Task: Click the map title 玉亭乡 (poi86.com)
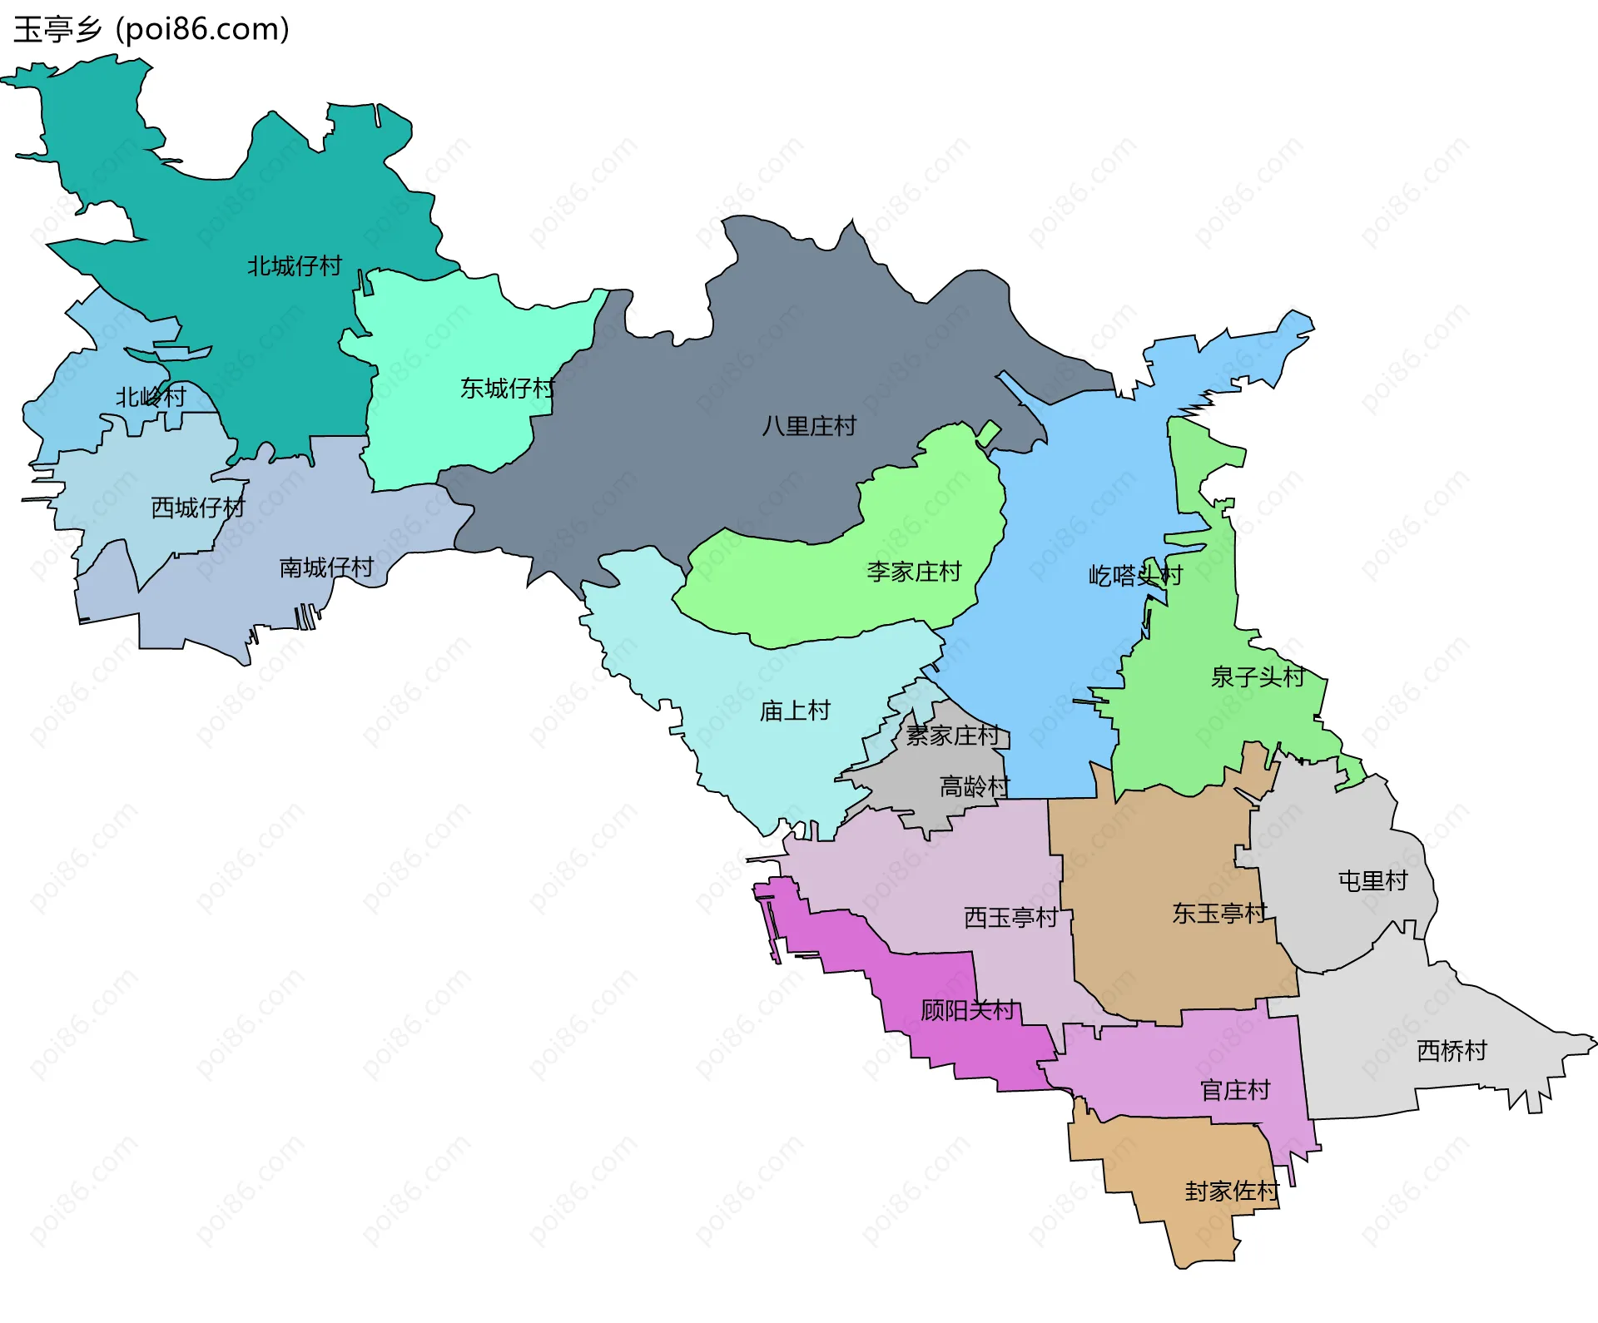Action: point(151,29)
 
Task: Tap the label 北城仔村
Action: point(295,266)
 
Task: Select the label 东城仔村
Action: point(508,389)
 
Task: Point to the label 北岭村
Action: point(151,397)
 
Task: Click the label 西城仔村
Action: point(198,508)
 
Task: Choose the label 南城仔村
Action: point(326,567)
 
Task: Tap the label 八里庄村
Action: point(809,426)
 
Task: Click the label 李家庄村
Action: point(914,572)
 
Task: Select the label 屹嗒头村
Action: point(1135,575)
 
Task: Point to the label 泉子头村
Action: point(1258,676)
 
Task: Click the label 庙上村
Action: point(795,711)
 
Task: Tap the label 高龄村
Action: point(974,786)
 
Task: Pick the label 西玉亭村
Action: point(1010,918)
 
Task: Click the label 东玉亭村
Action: point(1219,914)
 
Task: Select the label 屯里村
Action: point(1372,880)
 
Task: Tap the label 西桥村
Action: point(1452,1051)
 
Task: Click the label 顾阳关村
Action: point(968,1010)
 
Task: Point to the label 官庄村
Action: point(1235,1090)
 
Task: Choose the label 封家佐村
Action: point(1232,1192)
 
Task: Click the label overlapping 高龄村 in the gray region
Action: point(952,736)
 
